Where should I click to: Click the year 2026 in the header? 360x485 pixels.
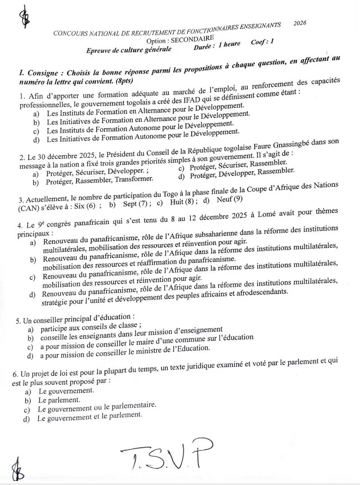(300, 23)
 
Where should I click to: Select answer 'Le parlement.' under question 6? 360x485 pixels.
(59, 400)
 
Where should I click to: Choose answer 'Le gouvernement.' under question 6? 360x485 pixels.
(66, 390)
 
